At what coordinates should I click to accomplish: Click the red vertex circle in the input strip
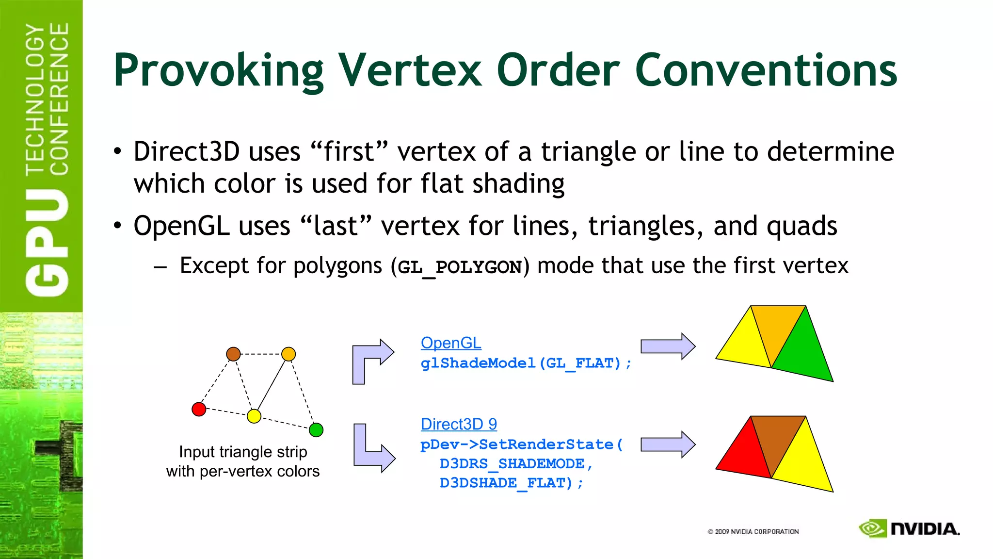(x=199, y=409)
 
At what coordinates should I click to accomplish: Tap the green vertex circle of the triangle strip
(x=316, y=430)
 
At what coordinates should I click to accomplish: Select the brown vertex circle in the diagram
(x=233, y=354)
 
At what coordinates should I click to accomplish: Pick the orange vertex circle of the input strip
(x=288, y=354)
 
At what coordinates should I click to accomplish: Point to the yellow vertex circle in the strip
(x=254, y=416)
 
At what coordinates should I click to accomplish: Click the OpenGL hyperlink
(x=451, y=343)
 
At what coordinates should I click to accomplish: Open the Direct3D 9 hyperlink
(x=459, y=424)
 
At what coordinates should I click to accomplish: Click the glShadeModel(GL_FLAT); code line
(x=526, y=363)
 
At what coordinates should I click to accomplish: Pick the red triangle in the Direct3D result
(x=744, y=451)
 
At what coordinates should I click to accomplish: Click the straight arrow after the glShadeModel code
(x=668, y=346)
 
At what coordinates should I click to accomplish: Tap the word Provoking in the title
(x=218, y=71)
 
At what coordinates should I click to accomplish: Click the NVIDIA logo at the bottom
(x=909, y=529)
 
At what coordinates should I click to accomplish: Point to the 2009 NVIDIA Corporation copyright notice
(x=753, y=532)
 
